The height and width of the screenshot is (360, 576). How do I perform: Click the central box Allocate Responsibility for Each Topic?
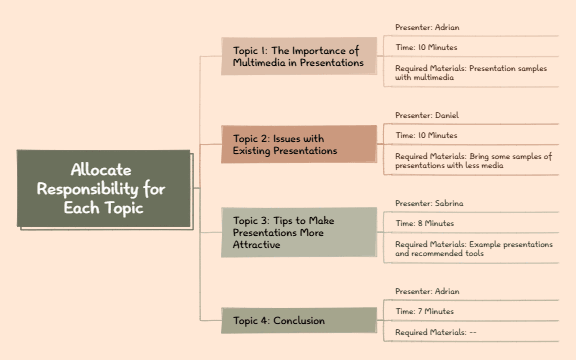click(104, 188)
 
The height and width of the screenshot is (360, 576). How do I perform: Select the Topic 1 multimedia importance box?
click(298, 56)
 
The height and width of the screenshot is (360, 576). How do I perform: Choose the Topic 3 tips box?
click(298, 232)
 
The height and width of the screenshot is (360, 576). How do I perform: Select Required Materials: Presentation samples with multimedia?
click(470, 73)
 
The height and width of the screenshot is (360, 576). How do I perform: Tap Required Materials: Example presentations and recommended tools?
click(470, 249)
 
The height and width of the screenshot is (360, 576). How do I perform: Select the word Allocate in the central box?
click(101, 170)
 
